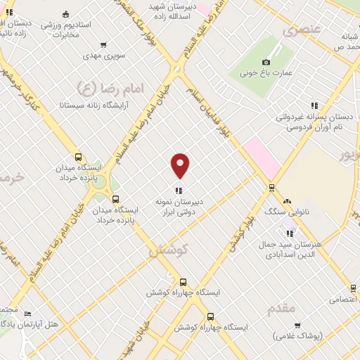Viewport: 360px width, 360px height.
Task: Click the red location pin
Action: click(x=181, y=165)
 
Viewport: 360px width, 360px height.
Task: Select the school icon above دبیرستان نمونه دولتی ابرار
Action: click(x=179, y=190)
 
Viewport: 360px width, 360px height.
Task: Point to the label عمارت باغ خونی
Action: click(x=267, y=72)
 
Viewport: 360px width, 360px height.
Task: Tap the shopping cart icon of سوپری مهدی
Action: click(x=104, y=44)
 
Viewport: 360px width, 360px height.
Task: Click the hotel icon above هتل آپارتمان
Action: click(x=27, y=314)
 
